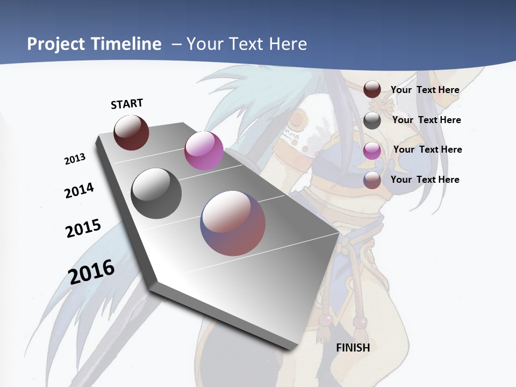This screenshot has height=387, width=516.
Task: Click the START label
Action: point(127,104)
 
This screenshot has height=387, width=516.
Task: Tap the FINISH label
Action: point(353,348)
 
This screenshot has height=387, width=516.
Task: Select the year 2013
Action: point(75,159)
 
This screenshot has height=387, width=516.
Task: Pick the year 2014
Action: point(79,190)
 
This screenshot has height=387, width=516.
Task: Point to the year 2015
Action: point(83,228)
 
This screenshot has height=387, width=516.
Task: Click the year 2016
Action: point(91,272)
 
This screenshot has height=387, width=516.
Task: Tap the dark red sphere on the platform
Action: point(132,132)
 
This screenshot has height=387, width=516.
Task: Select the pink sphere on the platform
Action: point(204,150)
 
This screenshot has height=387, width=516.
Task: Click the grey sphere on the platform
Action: point(156,193)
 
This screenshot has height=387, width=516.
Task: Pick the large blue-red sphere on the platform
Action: point(233,223)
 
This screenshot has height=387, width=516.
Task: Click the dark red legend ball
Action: point(372,90)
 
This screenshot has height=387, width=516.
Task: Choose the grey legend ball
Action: point(372,120)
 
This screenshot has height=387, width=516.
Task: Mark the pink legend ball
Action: point(372,150)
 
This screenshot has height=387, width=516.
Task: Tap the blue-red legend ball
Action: point(372,180)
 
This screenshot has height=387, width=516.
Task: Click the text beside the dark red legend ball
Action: point(425,90)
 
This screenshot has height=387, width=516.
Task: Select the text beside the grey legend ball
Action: point(426,120)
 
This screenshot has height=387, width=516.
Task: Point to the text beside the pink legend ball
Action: point(427,149)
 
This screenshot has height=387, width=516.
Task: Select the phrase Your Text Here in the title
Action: point(247,44)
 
